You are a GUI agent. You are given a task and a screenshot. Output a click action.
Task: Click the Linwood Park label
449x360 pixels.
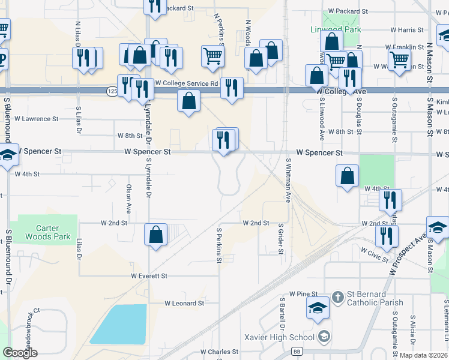click(336, 29)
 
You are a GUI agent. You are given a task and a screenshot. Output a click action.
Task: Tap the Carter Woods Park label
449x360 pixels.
click(47, 232)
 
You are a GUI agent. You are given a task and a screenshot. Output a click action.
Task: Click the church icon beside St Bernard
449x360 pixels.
click(339, 296)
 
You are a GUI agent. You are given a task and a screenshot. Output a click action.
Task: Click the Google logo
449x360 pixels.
click(20, 353)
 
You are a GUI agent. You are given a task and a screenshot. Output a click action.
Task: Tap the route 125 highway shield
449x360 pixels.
click(112, 91)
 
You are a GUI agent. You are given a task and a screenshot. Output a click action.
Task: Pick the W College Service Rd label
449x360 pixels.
click(186, 83)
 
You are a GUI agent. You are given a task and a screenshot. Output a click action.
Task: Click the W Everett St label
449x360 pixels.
click(149, 276)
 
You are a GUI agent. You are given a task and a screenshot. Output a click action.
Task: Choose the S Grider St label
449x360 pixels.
click(281, 239)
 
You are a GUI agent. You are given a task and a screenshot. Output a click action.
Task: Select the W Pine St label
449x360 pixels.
click(303, 294)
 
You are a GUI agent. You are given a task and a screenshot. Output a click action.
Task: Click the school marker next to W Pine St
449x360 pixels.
click(318, 308)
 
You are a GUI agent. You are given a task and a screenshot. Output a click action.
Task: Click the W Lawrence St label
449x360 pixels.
click(37, 119)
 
